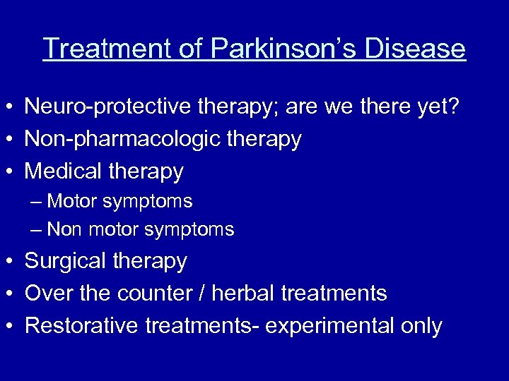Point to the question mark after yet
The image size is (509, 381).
click(452, 107)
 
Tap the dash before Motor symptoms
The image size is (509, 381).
click(37, 202)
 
